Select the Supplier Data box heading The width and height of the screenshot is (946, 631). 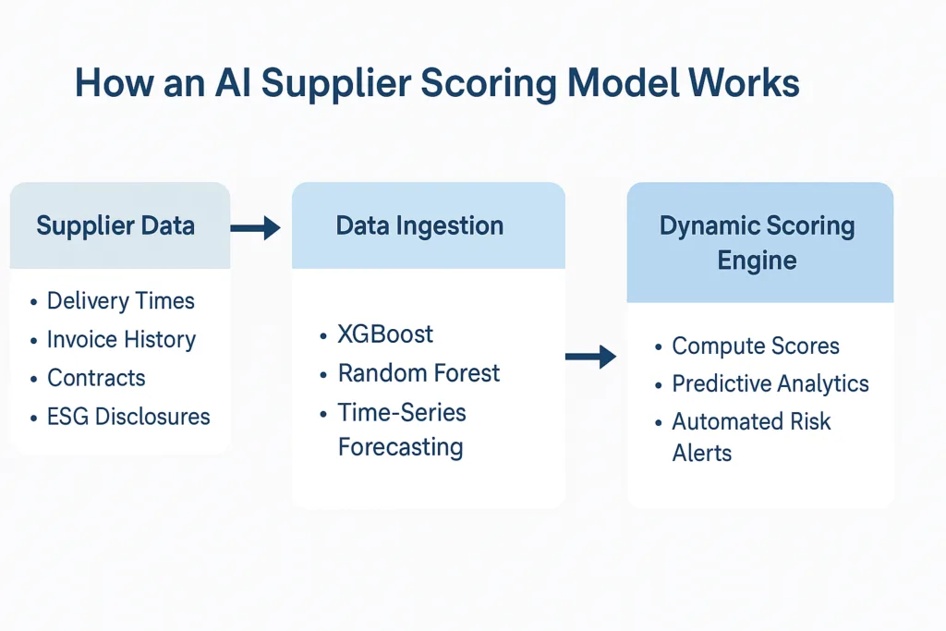pyautogui.click(x=115, y=226)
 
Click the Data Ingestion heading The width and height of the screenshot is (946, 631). pyautogui.click(x=419, y=226)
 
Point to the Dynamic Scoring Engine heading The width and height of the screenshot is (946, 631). pyautogui.click(x=757, y=243)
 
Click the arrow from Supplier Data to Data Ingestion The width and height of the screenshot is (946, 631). pyautogui.click(x=255, y=227)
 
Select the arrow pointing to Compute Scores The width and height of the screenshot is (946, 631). pyautogui.click(x=590, y=357)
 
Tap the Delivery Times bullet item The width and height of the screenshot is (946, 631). pyautogui.click(x=120, y=301)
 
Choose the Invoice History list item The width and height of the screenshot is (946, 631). pyautogui.click(x=121, y=340)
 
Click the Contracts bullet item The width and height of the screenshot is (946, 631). pyautogui.click(x=96, y=378)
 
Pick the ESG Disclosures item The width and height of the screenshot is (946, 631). pyautogui.click(x=128, y=417)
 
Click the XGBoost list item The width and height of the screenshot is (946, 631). pyautogui.click(x=385, y=334)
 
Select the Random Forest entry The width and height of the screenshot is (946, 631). pyautogui.click(x=418, y=373)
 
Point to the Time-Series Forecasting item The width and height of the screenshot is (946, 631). pyautogui.click(x=401, y=430)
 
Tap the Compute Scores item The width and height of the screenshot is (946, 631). pyautogui.click(x=755, y=346)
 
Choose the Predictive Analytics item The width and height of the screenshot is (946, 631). pyautogui.click(x=770, y=384)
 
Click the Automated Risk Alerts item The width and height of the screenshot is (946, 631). pyautogui.click(x=751, y=437)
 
